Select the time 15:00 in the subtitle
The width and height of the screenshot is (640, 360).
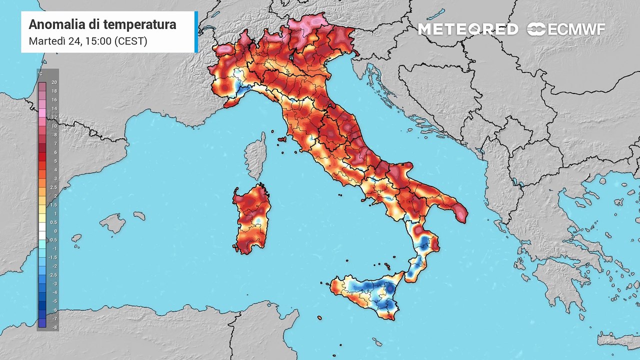pos(98,41)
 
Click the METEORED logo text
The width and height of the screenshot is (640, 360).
pos(467,29)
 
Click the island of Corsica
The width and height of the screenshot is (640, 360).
pos(255,155)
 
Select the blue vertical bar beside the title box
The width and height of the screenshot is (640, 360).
pos(196,31)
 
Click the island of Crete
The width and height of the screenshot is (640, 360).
pos(620,339)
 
